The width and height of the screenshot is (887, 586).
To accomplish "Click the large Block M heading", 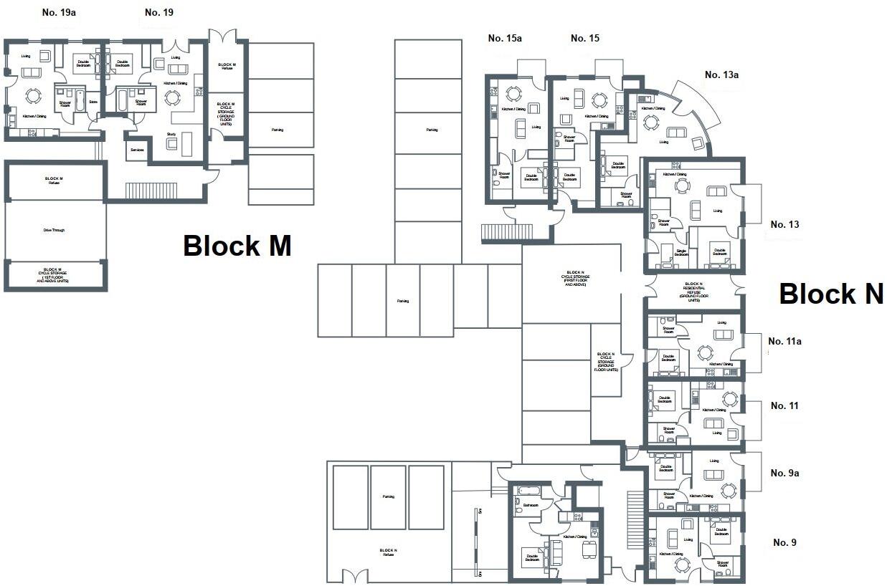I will (x=237, y=246).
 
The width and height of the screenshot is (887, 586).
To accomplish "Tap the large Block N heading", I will (x=830, y=294).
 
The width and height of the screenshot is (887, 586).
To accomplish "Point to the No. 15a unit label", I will (x=504, y=38).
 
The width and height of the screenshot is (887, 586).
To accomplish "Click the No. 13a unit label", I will (x=721, y=75).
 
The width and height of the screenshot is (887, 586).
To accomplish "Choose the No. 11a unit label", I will (x=784, y=341).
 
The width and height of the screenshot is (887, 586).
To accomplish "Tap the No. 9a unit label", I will (x=784, y=473).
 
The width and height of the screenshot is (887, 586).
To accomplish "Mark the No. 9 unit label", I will (x=784, y=542).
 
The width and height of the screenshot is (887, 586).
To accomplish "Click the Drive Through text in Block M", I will (x=54, y=230).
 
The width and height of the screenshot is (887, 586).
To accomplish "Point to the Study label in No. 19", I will (x=171, y=133).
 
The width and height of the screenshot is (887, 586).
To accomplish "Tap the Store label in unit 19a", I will (x=93, y=102).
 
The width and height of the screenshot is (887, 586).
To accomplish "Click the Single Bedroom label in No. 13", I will (x=681, y=252).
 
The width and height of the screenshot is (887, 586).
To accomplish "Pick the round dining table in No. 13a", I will (x=650, y=122).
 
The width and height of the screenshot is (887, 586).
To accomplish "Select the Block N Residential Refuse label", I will (x=693, y=292).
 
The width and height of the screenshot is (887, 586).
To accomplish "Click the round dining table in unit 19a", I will (x=33, y=95).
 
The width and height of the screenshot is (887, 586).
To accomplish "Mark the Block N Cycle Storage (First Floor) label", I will (x=575, y=279).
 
